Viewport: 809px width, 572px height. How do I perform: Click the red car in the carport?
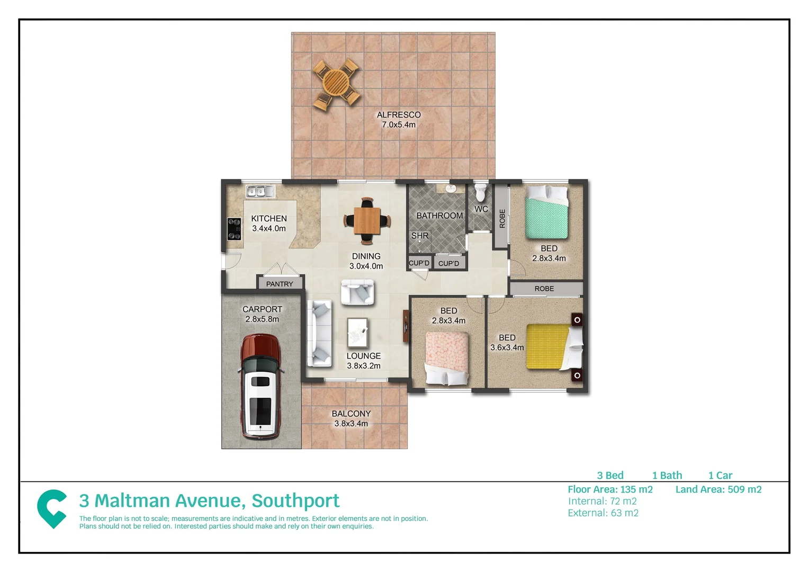point(260,387)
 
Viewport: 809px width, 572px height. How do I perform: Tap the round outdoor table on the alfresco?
point(336,84)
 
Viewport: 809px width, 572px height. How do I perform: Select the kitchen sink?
point(260,191)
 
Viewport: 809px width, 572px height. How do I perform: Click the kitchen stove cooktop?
point(234,229)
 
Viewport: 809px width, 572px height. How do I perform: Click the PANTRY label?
point(280,284)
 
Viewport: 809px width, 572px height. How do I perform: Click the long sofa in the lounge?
point(319,333)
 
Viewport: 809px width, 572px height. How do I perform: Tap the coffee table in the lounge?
point(357,332)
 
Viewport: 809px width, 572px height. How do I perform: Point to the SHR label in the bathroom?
point(420,236)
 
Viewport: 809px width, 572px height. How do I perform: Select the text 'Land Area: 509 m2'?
point(718,489)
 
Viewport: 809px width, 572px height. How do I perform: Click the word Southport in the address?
point(295,501)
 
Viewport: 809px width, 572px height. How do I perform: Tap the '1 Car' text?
point(720,476)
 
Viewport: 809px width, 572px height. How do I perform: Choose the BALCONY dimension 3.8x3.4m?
point(351,424)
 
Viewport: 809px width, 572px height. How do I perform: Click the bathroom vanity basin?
point(451,188)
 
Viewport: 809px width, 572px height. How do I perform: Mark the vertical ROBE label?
point(502,218)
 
